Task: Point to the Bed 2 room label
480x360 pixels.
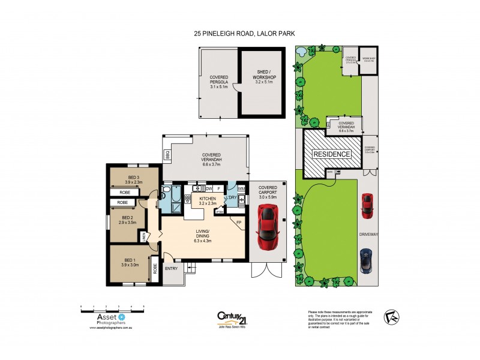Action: (127, 220)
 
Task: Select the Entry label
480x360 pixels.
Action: (171, 268)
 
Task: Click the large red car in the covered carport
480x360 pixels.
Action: (267, 227)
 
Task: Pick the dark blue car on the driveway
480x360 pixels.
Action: (365, 260)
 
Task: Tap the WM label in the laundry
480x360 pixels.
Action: (241, 189)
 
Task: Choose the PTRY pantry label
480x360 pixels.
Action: (220, 211)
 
